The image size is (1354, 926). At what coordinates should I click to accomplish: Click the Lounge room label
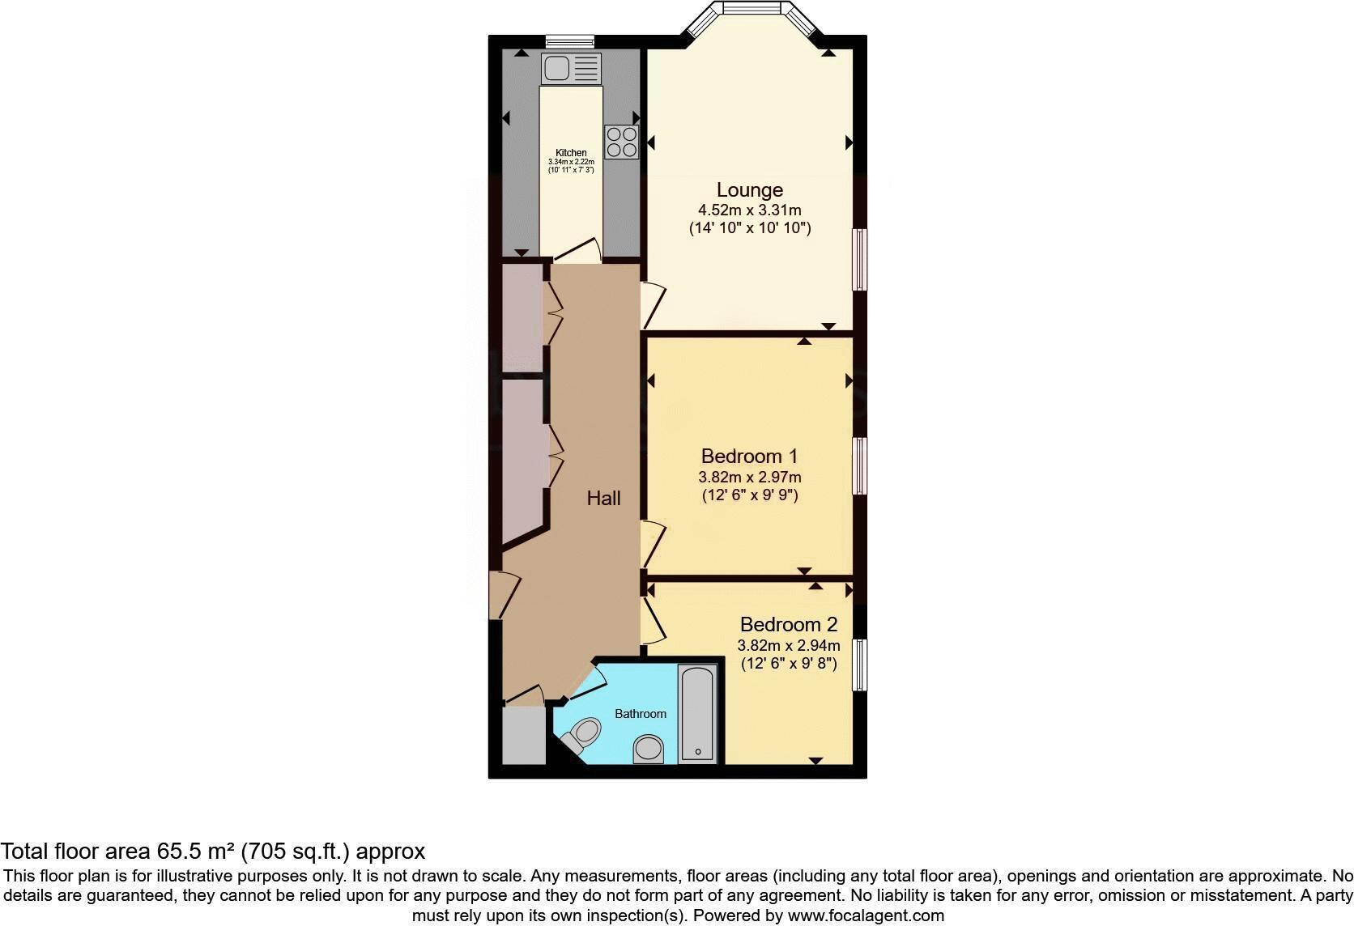(x=749, y=190)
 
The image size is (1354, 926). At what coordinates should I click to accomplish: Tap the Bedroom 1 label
(x=749, y=456)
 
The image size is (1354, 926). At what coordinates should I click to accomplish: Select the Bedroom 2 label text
(x=788, y=625)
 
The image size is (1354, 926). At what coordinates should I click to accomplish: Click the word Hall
(x=603, y=499)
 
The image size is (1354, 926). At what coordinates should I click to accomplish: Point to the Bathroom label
(x=640, y=714)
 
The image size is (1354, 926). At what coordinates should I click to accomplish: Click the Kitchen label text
(x=571, y=153)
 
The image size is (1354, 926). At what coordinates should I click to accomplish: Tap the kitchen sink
(x=570, y=68)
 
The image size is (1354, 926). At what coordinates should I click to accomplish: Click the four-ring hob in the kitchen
(x=621, y=142)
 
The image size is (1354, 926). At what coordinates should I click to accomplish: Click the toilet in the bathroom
(x=581, y=735)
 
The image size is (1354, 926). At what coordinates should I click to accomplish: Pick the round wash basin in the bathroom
(x=649, y=749)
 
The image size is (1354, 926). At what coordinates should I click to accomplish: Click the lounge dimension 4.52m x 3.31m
(x=749, y=210)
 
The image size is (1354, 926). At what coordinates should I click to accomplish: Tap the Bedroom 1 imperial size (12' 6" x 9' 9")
(x=749, y=495)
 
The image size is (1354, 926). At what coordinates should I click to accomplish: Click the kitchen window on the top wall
(x=569, y=41)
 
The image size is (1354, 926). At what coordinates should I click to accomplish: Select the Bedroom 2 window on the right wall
(x=860, y=664)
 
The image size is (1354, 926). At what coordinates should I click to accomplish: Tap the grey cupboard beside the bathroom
(x=523, y=735)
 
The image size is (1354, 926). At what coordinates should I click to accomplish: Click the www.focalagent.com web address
(x=865, y=915)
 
